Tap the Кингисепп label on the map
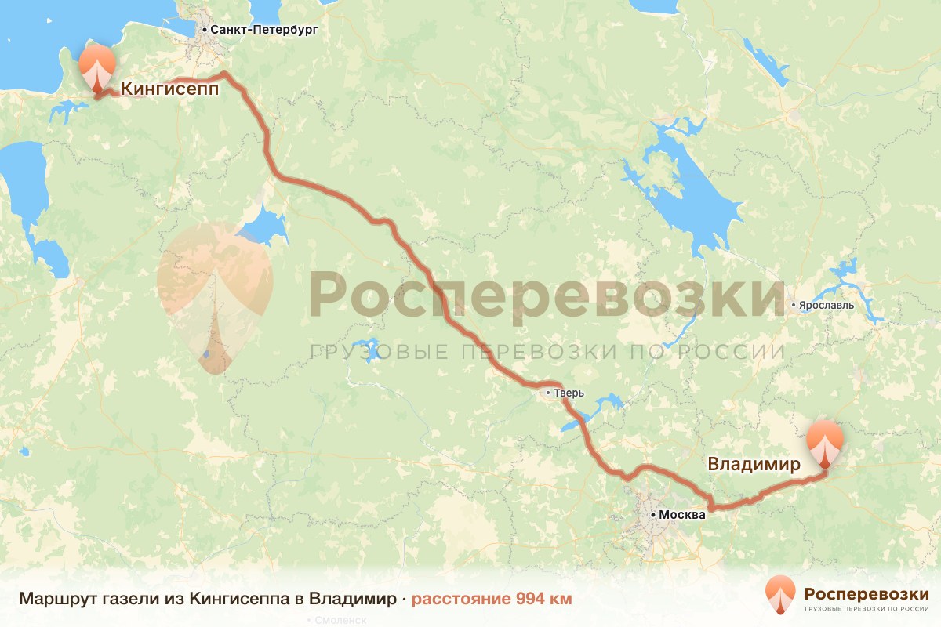click(x=169, y=89)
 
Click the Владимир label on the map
click(x=754, y=464)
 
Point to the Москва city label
click(x=682, y=515)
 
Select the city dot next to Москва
click(x=653, y=515)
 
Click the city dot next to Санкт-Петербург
click(x=205, y=30)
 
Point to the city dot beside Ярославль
click(x=794, y=305)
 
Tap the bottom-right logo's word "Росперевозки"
click(x=867, y=593)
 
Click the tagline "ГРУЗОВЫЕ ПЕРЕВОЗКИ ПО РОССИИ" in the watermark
click(x=547, y=351)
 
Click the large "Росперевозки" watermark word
click(x=547, y=295)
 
